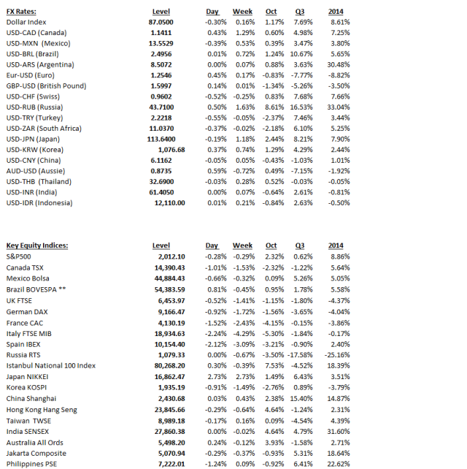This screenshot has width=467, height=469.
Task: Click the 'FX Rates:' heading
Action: click(21, 12)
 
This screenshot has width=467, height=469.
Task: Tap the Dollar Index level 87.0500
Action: click(171, 23)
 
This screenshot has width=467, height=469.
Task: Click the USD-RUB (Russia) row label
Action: click(35, 107)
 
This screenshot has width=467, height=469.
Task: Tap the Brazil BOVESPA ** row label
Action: click(36, 290)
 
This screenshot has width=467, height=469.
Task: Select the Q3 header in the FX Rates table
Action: click(298, 12)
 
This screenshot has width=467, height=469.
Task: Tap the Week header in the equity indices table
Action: click(242, 246)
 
